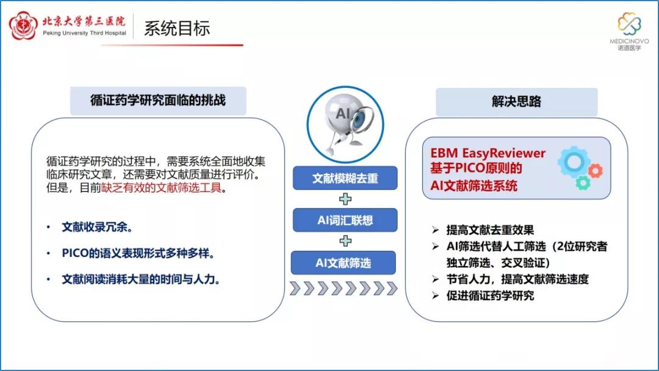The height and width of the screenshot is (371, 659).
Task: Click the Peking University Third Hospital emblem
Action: pyautogui.click(x=24, y=26)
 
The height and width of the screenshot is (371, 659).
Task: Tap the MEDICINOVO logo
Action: pyautogui.click(x=629, y=31)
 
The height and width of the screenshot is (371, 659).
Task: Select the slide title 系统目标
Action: pyautogui.click(x=177, y=29)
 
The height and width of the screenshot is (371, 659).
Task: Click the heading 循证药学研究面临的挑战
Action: pyautogui.click(x=158, y=101)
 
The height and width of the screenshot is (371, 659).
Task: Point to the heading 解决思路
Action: pyautogui.click(x=517, y=101)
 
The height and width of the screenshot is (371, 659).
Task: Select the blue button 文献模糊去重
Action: pyautogui.click(x=345, y=178)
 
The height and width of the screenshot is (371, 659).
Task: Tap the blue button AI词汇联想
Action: pyautogui.click(x=345, y=220)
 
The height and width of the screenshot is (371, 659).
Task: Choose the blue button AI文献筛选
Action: pyautogui.click(x=344, y=263)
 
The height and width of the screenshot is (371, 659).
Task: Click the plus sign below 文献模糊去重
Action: pyautogui.click(x=345, y=199)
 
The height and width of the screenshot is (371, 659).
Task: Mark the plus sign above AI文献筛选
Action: pyautogui.click(x=345, y=241)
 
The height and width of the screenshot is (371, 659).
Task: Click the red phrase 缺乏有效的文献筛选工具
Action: pyautogui.click(x=161, y=188)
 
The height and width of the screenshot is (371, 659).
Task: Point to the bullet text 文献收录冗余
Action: pyautogui.click(x=98, y=228)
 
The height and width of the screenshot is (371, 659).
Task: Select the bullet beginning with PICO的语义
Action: pyautogui.click(x=139, y=253)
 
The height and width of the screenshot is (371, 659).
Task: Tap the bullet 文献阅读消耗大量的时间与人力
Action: pyautogui.click(x=141, y=279)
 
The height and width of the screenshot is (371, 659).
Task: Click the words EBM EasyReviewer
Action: pyautogui.click(x=488, y=153)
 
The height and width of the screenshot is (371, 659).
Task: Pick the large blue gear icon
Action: pyautogui.click(x=574, y=162)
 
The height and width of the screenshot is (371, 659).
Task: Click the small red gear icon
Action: pyautogui.click(x=595, y=171)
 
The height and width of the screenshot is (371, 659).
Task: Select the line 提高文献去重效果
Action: pyautogui.click(x=490, y=230)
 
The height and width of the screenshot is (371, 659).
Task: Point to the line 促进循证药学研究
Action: pyautogui.click(x=490, y=296)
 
